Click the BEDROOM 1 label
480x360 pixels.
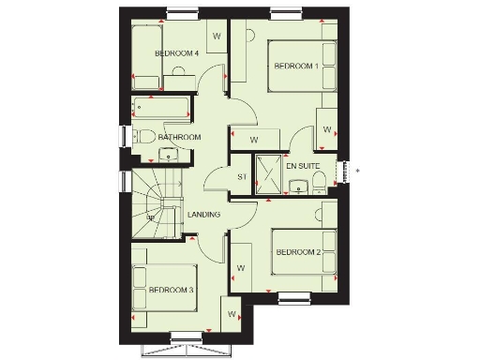pyautogui.click(x=295, y=67)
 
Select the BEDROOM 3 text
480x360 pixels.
pyautogui.click(x=172, y=291)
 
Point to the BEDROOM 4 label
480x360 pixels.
pyautogui.click(x=177, y=54)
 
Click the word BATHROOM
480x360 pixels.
pyautogui.click(x=179, y=138)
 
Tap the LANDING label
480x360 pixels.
pyautogui.click(x=203, y=215)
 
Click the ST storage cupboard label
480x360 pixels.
pyautogui.click(x=241, y=175)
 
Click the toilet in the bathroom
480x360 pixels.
pyautogui.click(x=147, y=137)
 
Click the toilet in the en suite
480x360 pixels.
pyautogui.click(x=320, y=178)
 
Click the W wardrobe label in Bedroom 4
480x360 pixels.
pyautogui.click(x=217, y=37)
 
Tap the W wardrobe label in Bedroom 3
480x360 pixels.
pyautogui.click(x=231, y=316)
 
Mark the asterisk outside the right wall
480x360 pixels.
pyautogui.click(x=357, y=170)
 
